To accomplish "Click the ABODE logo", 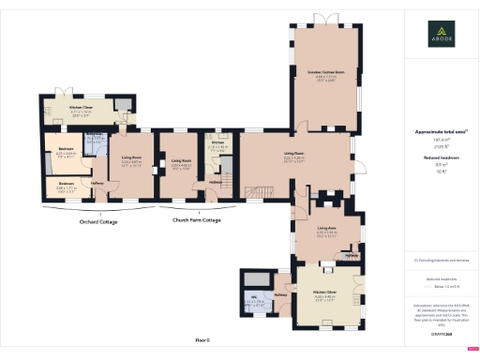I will coord(436,38).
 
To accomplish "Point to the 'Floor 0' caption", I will coord(202,339).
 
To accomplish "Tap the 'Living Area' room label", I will coord(326,228).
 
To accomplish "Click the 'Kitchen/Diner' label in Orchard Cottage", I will coord(82,110).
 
